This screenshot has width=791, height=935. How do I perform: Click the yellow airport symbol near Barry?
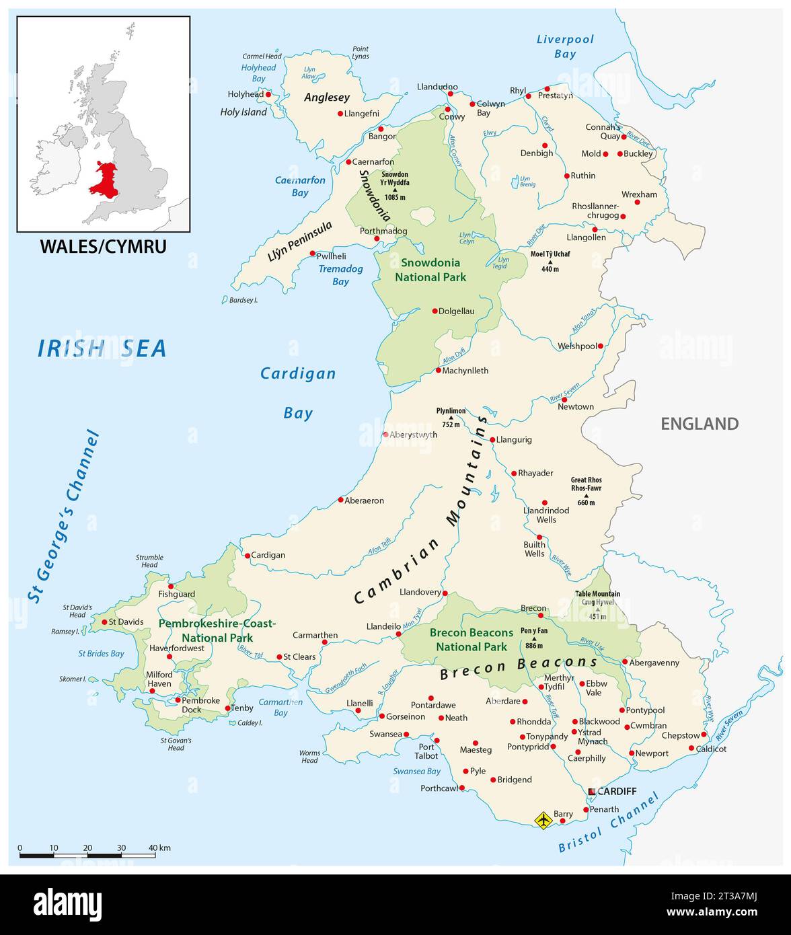point(543,820)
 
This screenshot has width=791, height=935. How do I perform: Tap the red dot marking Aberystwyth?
point(385,435)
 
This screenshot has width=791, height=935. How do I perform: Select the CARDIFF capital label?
point(616,791)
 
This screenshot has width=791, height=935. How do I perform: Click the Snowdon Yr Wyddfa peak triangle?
point(395,190)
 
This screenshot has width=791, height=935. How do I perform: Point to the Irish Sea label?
point(102,348)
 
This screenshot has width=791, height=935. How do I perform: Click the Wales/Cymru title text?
point(103,246)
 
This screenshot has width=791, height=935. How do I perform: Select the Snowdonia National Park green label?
point(430,270)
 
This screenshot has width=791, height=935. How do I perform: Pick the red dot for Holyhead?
point(268,95)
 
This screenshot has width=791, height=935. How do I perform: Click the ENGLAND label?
point(700,424)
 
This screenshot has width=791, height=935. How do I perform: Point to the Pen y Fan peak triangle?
point(534,638)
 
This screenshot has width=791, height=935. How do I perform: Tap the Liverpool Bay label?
point(565,46)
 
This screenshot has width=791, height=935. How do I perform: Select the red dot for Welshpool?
point(601,346)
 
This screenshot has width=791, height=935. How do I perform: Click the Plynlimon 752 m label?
point(451,417)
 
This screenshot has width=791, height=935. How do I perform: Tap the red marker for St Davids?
point(104,622)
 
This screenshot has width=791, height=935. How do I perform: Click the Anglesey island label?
point(327,98)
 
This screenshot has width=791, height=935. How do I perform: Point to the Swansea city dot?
point(406,735)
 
